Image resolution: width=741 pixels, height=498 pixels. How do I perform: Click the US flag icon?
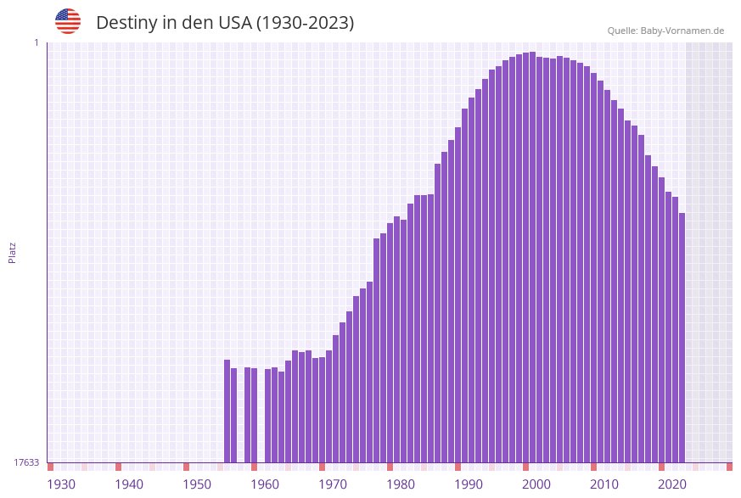point(68,21)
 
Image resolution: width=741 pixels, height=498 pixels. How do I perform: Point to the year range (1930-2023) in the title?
point(306,23)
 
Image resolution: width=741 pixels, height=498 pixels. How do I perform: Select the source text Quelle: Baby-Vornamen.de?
point(665,31)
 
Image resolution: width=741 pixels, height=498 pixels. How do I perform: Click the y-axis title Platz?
point(12,252)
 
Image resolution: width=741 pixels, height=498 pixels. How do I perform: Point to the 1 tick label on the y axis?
point(36,42)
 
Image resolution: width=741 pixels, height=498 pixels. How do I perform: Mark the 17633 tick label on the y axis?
point(26,462)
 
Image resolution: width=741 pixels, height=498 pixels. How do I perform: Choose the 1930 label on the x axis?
point(61,484)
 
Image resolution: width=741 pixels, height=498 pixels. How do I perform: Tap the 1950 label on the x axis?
point(197,484)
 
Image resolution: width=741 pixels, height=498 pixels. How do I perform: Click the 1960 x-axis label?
point(265,484)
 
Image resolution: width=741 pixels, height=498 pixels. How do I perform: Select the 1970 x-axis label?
point(333,484)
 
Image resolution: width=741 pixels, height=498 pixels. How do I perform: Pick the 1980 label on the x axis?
point(401,484)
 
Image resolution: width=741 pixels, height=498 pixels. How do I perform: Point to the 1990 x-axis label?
point(469,484)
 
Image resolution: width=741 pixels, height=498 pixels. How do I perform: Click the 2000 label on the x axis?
point(536,484)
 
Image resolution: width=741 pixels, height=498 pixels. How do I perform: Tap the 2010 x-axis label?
point(604,484)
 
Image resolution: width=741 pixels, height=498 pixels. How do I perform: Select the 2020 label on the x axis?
point(672,484)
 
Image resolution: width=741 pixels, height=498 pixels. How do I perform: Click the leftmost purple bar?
point(227,411)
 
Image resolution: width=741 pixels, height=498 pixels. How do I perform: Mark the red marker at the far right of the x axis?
point(729,467)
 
